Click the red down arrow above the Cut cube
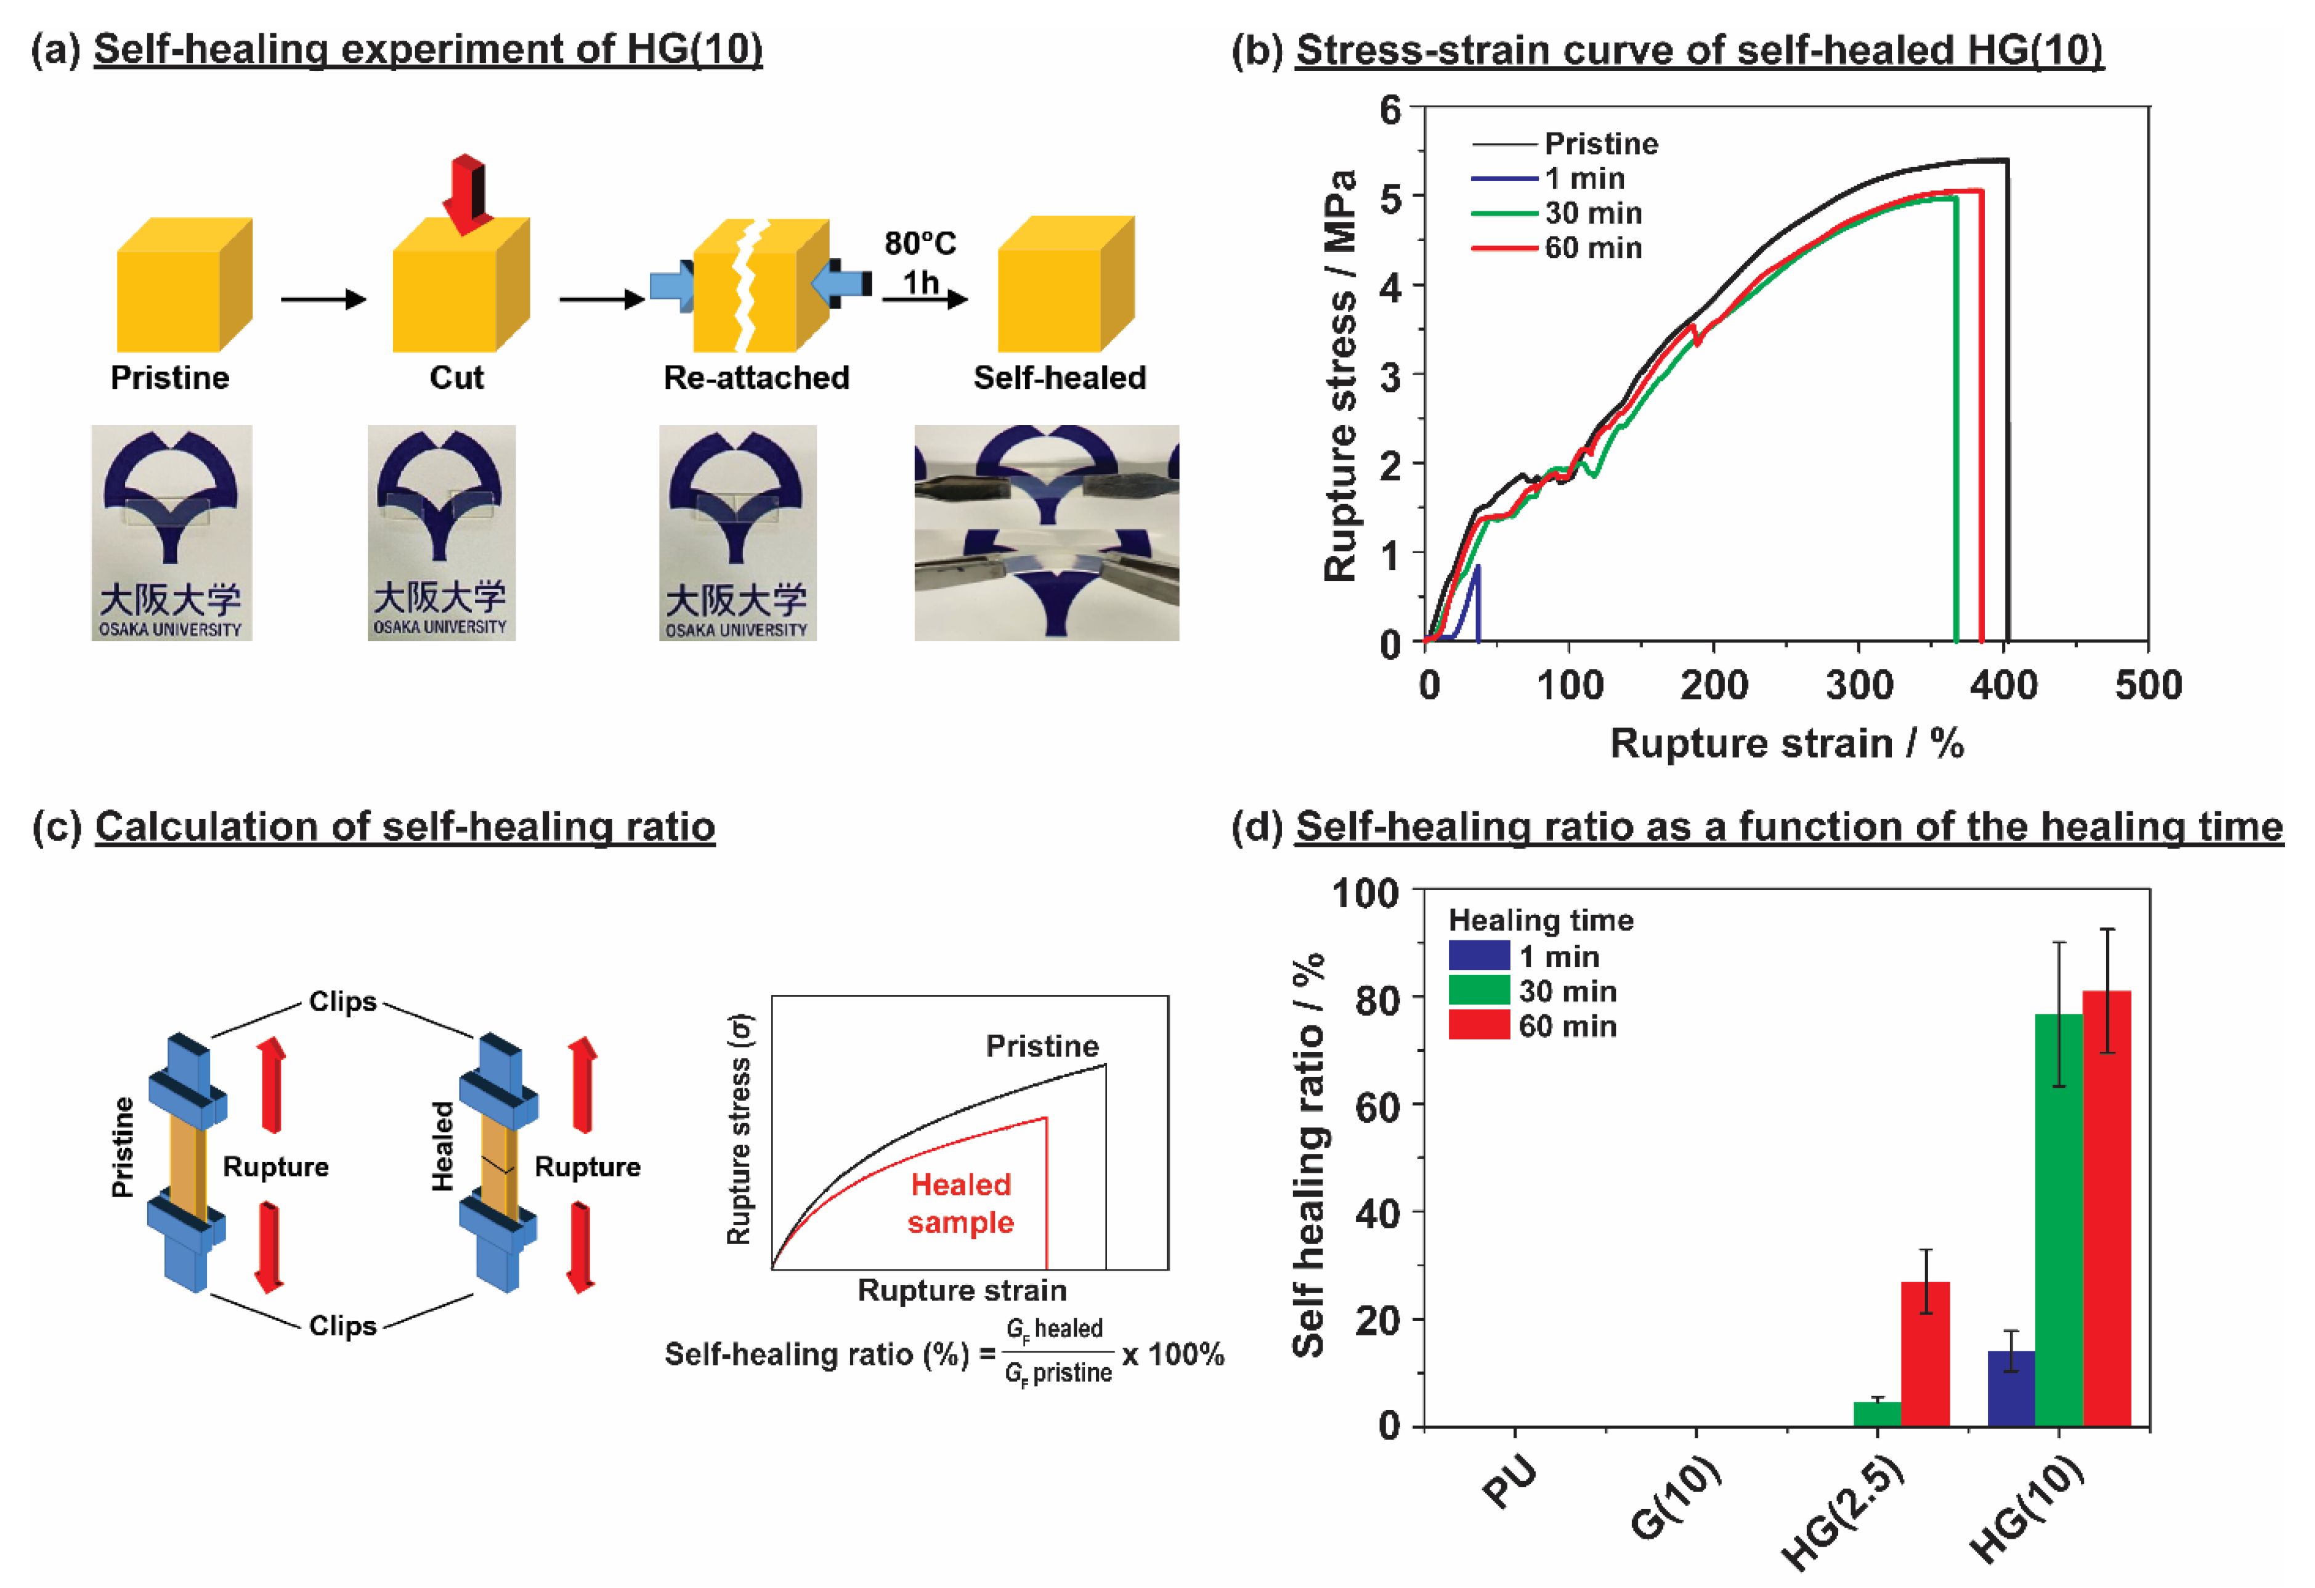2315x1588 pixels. coord(464,192)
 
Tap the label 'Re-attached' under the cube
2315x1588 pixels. coord(756,378)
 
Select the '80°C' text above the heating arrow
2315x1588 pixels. coord(920,243)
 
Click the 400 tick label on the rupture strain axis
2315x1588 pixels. coord(2003,685)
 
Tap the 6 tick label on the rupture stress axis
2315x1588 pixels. coord(1390,110)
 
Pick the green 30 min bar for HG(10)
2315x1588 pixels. coord(2058,1220)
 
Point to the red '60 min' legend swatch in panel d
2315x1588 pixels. coord(1478,1025)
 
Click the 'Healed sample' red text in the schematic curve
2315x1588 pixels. coord(960,1203)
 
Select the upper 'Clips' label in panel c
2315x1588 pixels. coord(343,1001)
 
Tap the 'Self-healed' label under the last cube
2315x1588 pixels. coord(1059,378)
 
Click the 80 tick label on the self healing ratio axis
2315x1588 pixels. coord(1377,1000)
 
